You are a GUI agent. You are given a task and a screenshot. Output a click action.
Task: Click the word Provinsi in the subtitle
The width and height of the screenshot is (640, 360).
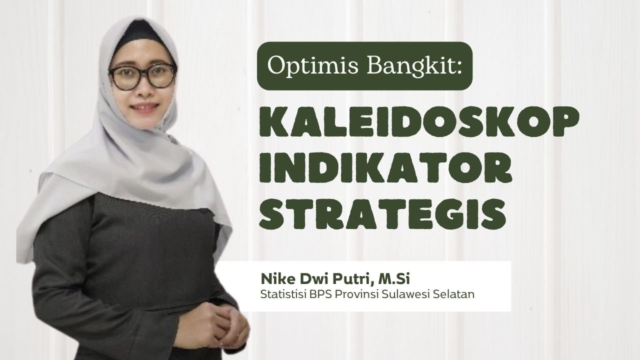point(348,294)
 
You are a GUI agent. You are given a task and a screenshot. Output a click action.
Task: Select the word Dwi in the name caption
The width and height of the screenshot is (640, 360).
point(303,278)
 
